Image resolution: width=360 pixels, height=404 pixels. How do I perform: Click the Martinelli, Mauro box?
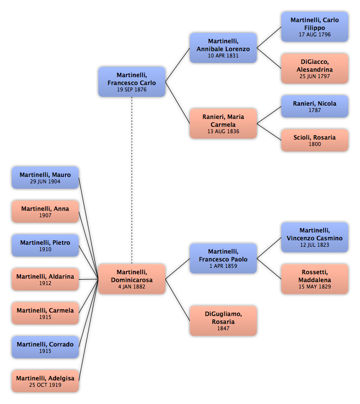pos(45,177)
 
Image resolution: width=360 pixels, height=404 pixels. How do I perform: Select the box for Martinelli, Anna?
pos(45,211)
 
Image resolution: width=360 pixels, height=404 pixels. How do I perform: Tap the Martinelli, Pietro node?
pos(45,245)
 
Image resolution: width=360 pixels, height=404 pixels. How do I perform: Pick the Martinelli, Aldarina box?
pos(45,279)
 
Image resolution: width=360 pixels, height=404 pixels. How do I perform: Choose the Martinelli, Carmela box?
pos(45,313)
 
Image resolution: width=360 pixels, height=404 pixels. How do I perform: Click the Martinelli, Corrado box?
pos(45,347)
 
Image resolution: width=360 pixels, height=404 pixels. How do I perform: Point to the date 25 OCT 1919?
pos(45,385)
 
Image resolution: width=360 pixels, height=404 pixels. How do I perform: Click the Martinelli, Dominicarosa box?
pos(132,279)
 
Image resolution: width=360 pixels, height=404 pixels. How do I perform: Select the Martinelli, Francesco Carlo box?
pos(132,82)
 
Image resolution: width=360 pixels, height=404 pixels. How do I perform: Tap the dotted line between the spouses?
pos(132,180)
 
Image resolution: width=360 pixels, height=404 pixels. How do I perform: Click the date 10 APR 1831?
pos(223,56)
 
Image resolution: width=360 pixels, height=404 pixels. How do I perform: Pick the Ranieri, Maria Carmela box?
pos(223,124)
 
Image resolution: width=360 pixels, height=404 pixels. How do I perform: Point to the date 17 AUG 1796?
pos(315,34)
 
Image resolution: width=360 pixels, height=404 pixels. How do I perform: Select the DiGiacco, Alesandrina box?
pos(315,68)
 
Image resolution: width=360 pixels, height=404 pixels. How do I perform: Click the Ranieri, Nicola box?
pos(315,107)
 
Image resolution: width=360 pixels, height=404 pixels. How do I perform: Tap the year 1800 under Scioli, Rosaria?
pos(315,144)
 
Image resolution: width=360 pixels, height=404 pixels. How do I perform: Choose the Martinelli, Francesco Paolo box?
pos(223,259)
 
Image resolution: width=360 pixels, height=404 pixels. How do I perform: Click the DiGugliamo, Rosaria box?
pos(223,321)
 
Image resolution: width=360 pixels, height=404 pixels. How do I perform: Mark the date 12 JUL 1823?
pos(315,245)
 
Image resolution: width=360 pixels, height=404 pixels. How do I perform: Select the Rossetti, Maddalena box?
pos(315,279)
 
